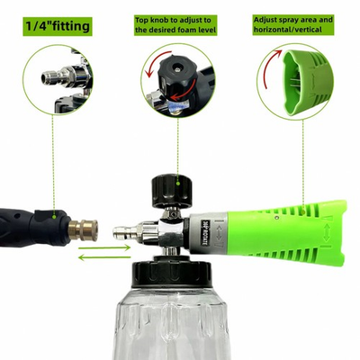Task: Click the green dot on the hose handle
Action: pyautogui.click(x=59, y=214)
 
